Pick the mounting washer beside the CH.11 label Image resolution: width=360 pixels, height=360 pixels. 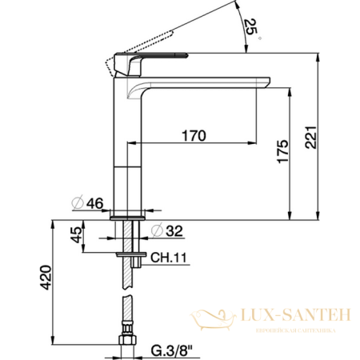(x=127, y=254)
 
